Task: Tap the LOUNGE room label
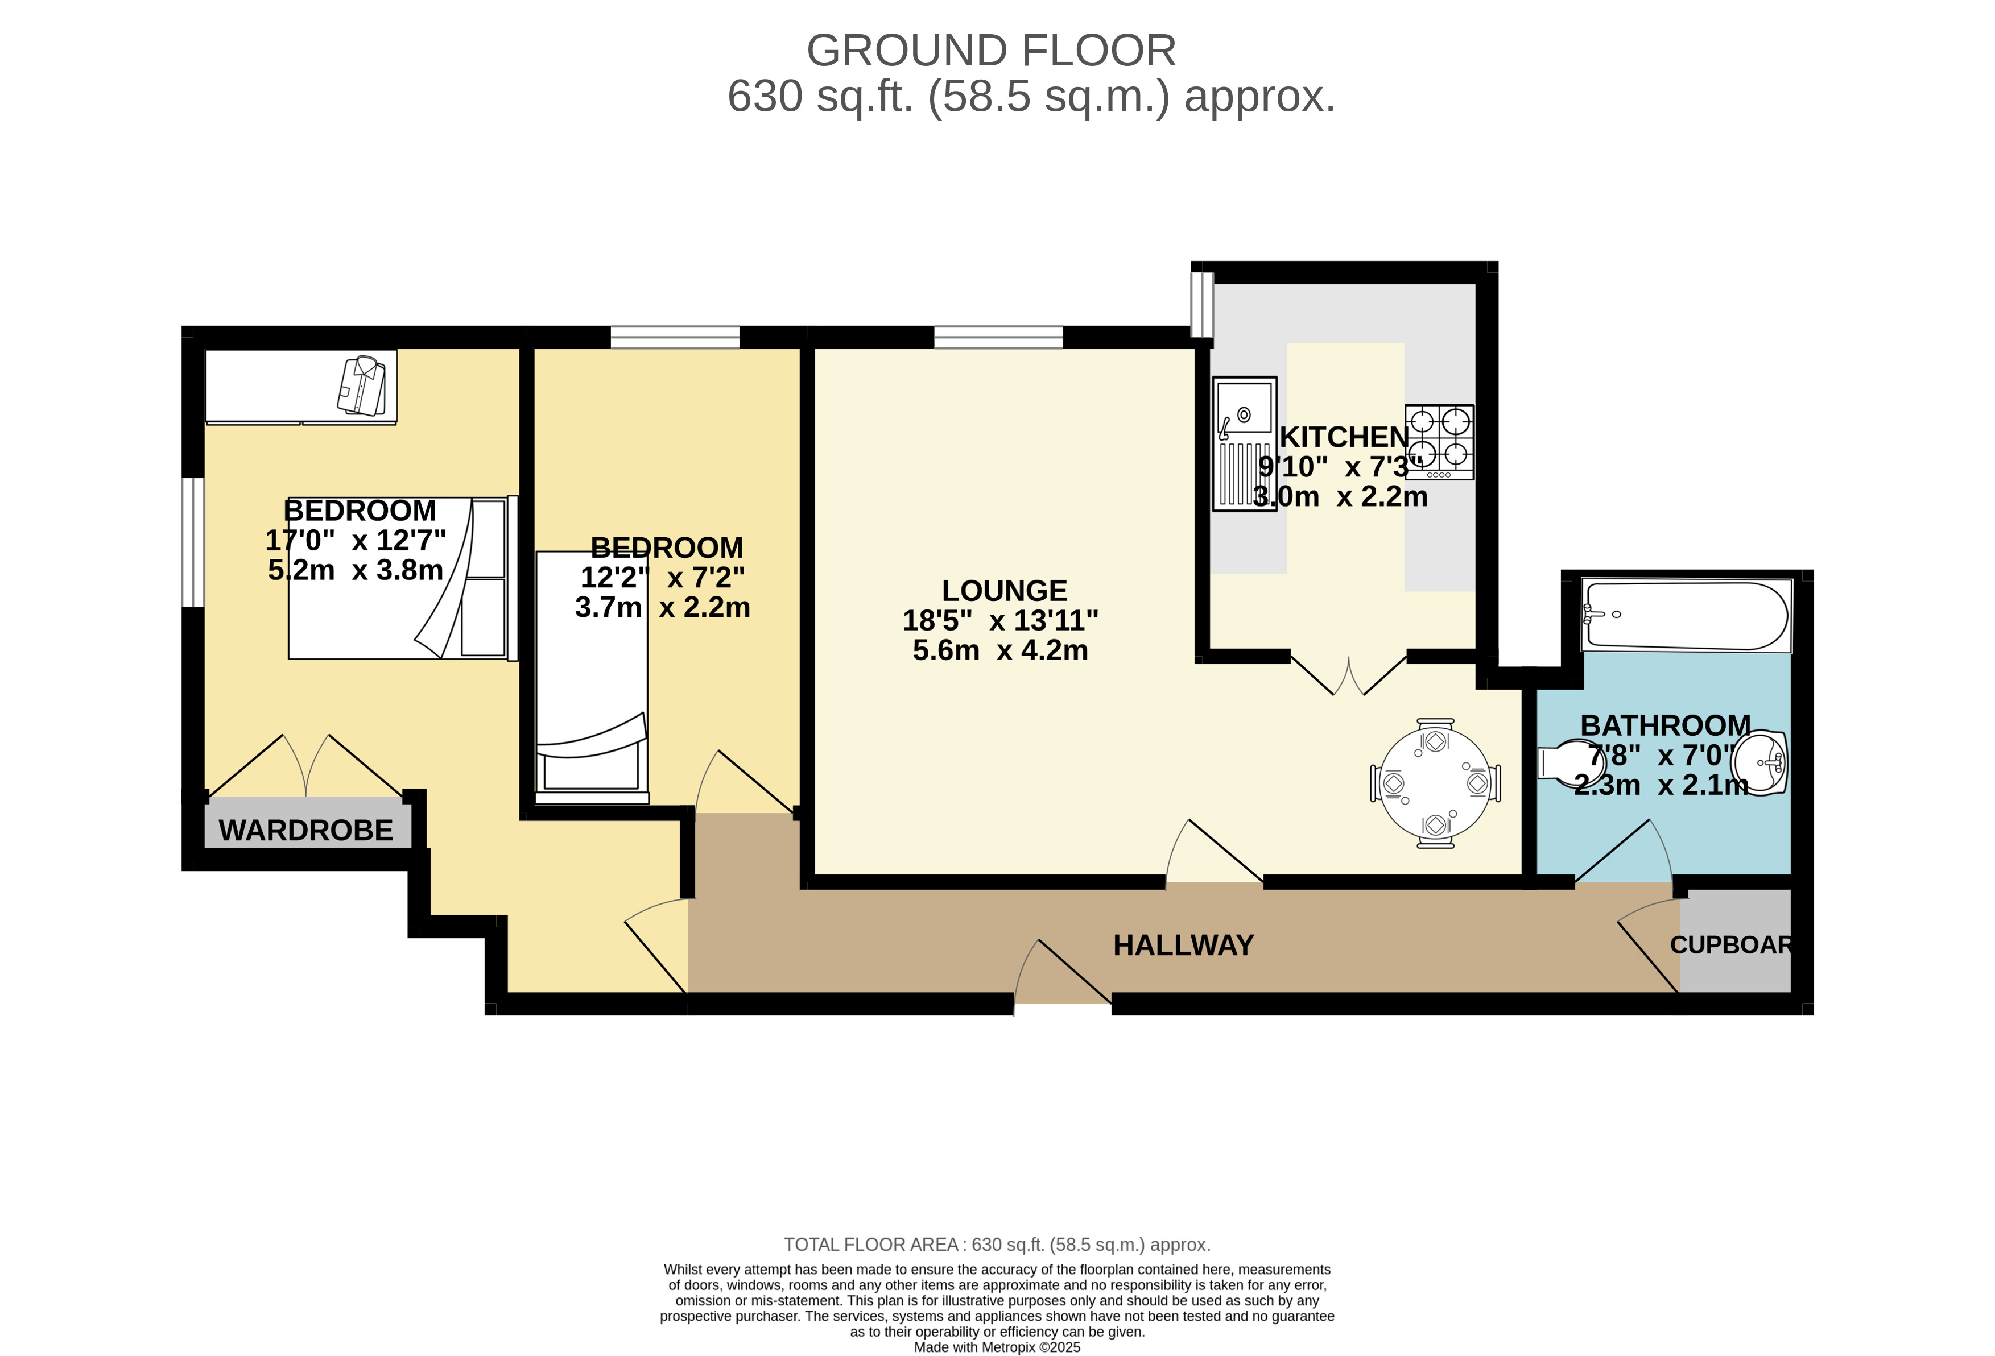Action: coord(1005,591)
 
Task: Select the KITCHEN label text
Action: coord(1344,437)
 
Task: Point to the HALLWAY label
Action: coord(1183,945)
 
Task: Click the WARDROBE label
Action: coord(305,830)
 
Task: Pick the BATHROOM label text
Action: coord(1666,725)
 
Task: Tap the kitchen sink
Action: coord(1244,443)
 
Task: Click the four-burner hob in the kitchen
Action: coord(1440,442)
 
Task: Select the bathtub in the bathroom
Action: coord(1687,615)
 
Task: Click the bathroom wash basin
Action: coord(1760,762)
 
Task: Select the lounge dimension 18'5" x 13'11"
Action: coord(1000,620)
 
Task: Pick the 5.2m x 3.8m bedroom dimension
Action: coord(356,570)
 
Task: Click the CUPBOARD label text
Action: coord(1730,945)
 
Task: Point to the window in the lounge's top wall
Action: coord(998,337)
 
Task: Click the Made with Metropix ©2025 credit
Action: coord(997,1347)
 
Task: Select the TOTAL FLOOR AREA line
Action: coord(997,1245)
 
